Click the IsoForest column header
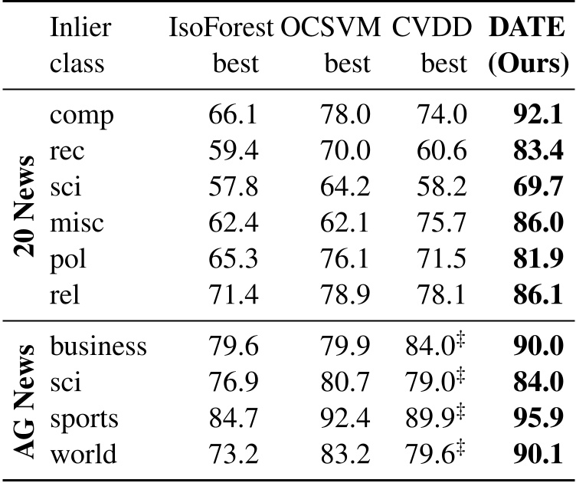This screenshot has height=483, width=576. [221, 28]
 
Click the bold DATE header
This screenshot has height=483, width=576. [528, 28]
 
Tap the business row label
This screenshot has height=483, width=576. [98, 347]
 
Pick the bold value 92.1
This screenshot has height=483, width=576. [539, 115]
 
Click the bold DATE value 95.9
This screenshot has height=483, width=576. [539, 418]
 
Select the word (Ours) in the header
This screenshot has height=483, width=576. [528, 64]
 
